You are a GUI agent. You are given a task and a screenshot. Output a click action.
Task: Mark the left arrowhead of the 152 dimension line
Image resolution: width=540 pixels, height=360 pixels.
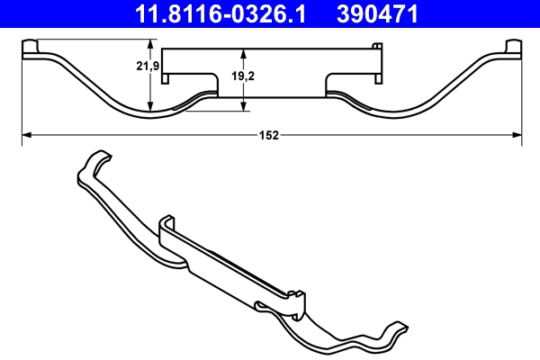pyautogui.click(x=25, y=135)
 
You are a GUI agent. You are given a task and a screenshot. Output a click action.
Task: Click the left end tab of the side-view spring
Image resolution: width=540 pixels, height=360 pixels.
pyautogui.click(x=28, y=49)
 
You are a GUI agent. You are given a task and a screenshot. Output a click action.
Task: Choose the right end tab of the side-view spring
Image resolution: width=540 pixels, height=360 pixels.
pyautogui.click(x=514, y=49)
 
